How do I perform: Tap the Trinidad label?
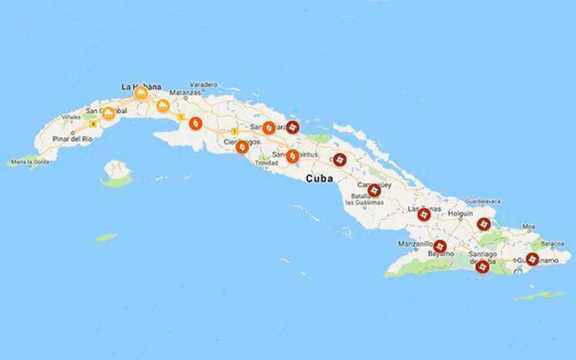[x=266, y=163]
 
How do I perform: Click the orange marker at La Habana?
[x=141, y=94]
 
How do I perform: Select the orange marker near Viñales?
[x=108, y=114]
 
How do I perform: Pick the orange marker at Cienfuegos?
[x=241, y=146]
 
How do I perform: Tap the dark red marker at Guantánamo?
[x=532, y=259]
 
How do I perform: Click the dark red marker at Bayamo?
[x=440, y=246]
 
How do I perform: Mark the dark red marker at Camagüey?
[x=374, y=190]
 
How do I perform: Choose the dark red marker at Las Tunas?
[x=422, y=214]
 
